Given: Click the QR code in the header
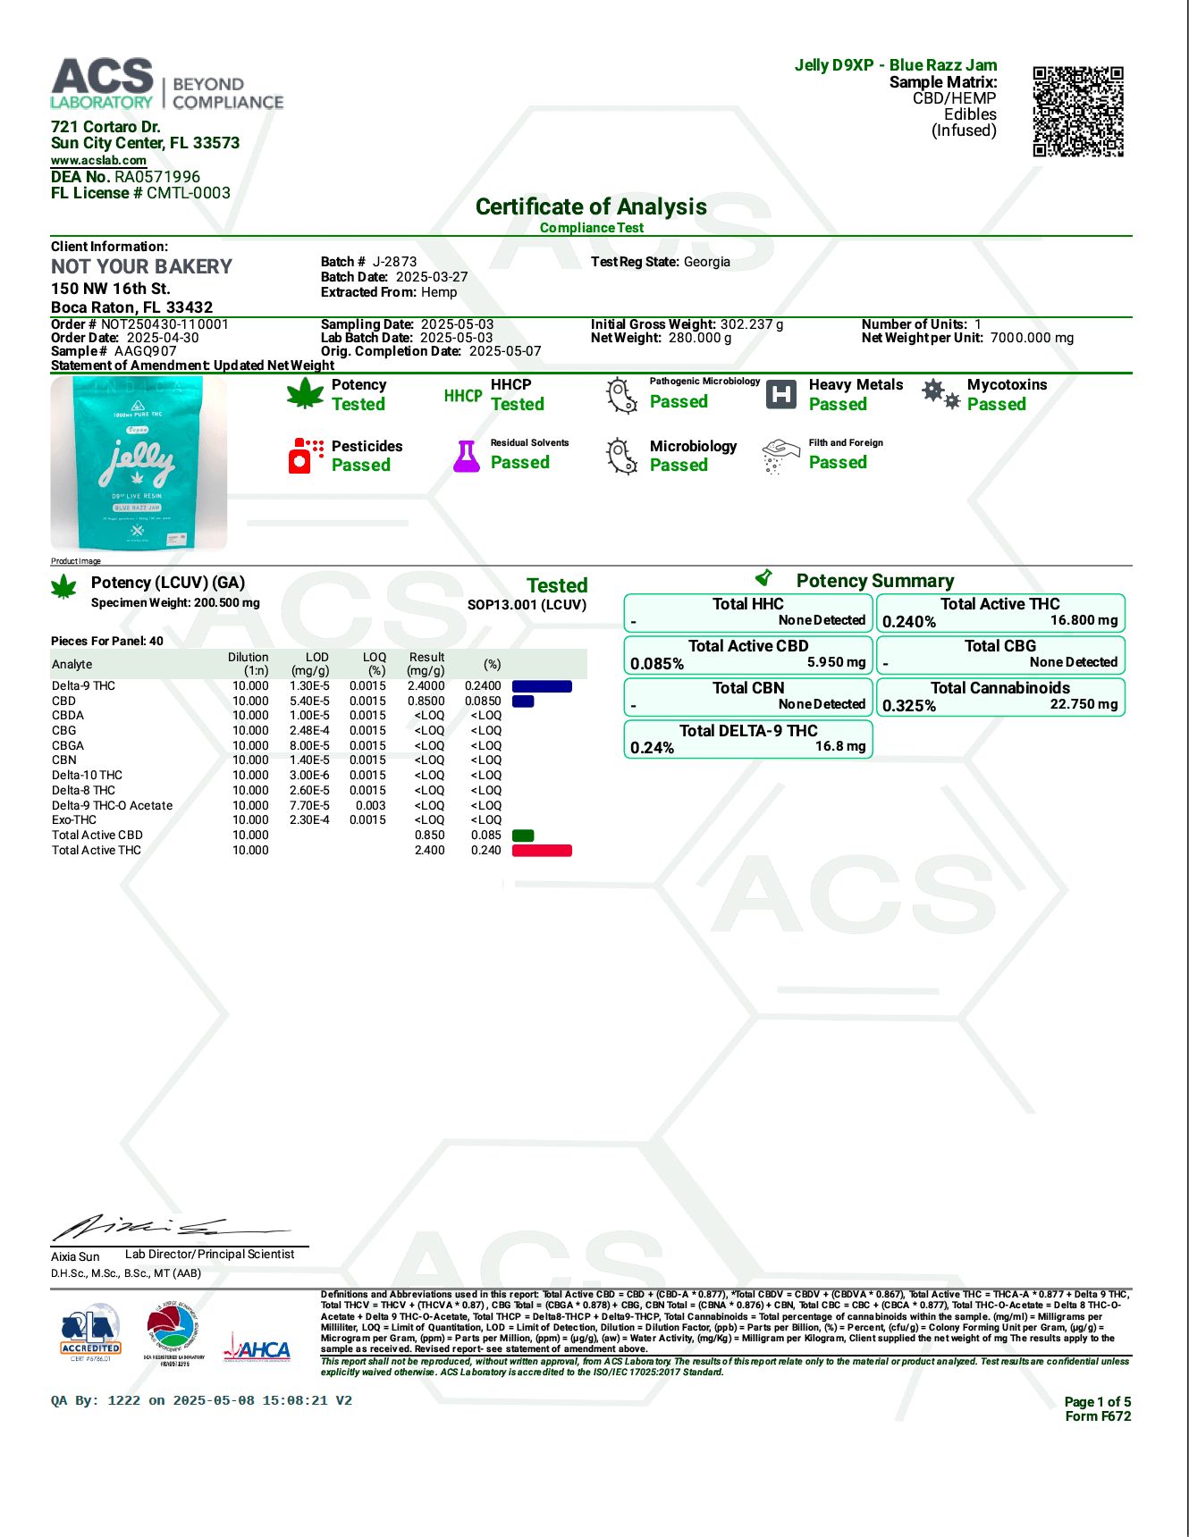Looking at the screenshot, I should pyautogui.click(x=1078, y=111).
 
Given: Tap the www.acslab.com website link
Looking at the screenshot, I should pyautogui.click(x=98, y=161).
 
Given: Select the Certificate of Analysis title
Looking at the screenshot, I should pyautogui.click(x=591, y=207).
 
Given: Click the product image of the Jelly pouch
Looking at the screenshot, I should pyautogui.click(x=139, y=463).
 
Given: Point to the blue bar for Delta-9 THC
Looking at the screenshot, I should pyautogui.click(x=542, y=686).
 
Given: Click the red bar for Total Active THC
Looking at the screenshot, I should pyautogui.click(x=542, y=851).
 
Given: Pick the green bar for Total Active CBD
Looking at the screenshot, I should pyautogui.click(x=523, y=836).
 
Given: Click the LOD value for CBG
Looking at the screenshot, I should pyautogui.click(x=309, y=731).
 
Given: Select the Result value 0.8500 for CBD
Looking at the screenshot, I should pyautogui.click(x=426, y=701).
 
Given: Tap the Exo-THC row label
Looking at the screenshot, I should pyautogui.click(x=74, y=820).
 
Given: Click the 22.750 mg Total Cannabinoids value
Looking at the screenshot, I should pyautogui.click(x=1084, y=704).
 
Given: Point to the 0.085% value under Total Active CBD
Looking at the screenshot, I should pyautogui.click(x=657, y=664).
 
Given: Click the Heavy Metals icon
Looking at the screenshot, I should pyautogui.click(x=781, y=394).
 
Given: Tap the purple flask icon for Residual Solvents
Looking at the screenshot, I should pyautogui.click(x=467, y=456).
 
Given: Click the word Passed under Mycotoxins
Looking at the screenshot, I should pyautogui.click(x=996, y=405).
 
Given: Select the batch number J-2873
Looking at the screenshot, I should pyautogui.click(x=394, y=262).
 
